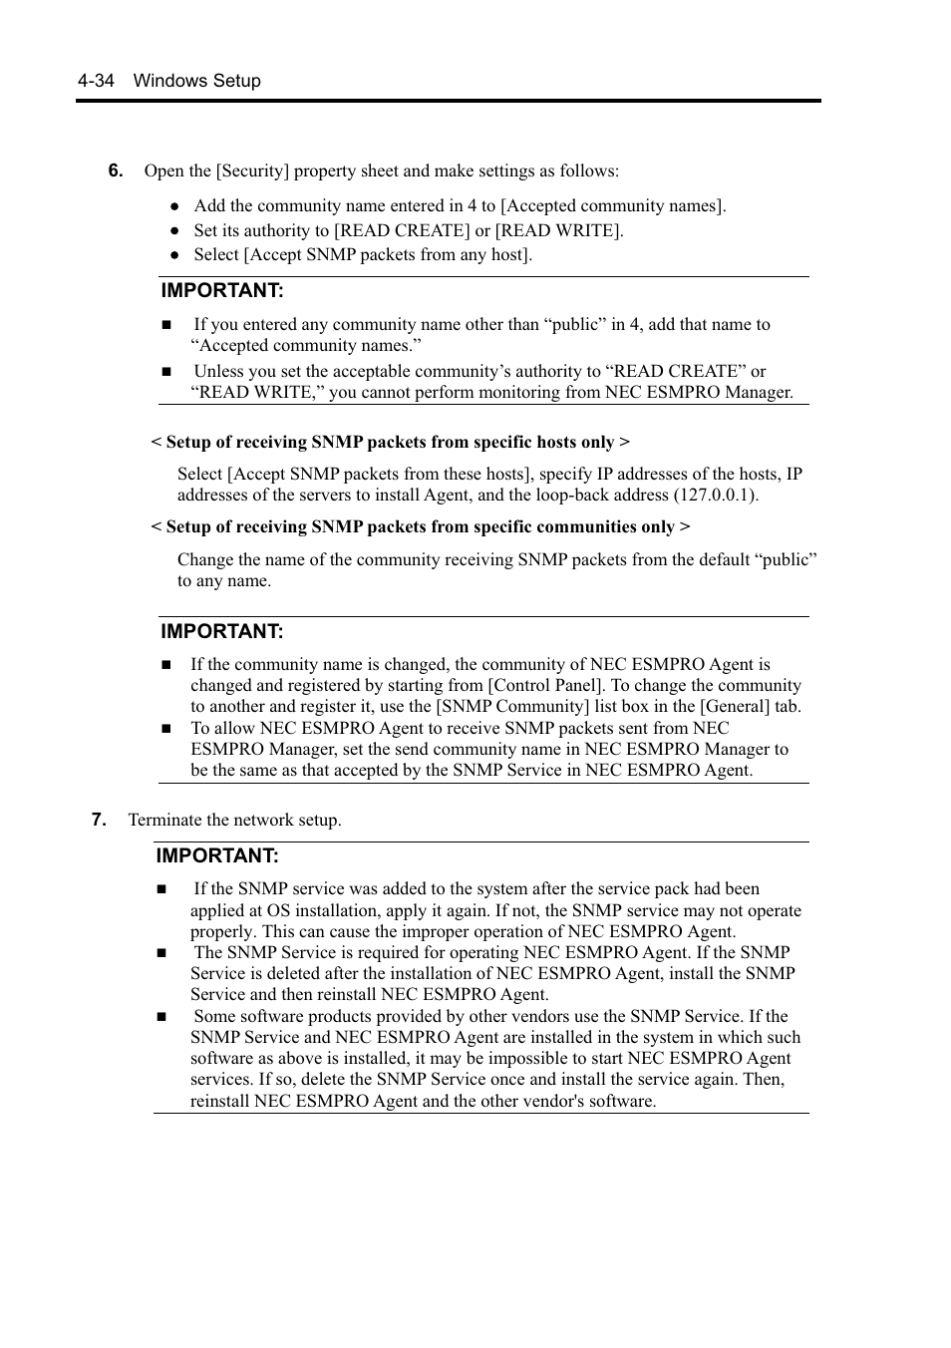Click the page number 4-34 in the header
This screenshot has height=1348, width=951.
96,81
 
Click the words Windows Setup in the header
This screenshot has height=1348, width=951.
197,81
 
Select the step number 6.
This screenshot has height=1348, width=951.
116,170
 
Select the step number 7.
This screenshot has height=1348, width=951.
99,820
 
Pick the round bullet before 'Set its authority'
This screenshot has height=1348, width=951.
174,231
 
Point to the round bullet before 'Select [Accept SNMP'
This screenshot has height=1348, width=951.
174,255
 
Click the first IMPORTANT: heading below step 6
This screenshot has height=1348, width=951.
222,291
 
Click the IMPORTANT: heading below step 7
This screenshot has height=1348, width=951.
217,856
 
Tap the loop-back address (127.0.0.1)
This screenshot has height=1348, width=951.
715,496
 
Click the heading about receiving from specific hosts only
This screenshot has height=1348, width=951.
390,442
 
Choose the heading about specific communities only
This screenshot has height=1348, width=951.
420,526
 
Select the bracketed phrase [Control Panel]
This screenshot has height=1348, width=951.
545,685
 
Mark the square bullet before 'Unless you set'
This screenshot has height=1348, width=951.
166,372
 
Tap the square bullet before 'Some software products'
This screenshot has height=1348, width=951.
161,1017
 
